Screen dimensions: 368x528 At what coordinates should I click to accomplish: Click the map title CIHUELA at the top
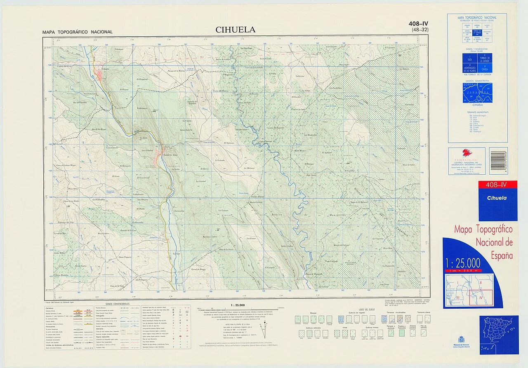pos(235,30)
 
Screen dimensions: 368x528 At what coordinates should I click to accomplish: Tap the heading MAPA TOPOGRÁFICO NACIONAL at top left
pos(77,32)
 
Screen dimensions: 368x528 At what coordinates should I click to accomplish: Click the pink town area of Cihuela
pos(100,74)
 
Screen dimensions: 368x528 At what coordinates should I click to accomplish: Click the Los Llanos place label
pos(251,238)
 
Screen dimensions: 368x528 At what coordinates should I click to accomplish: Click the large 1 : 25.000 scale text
pos(463,263)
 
